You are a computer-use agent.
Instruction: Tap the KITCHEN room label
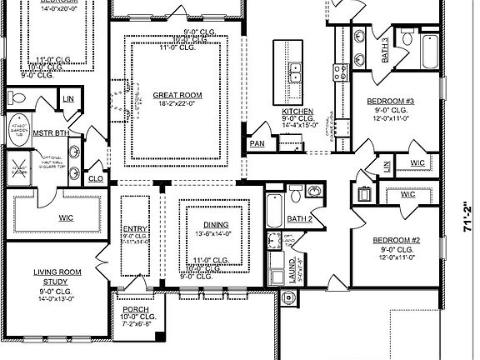[297, 111]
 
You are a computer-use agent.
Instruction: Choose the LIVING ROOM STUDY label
[56, 277]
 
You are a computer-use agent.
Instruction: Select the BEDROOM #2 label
[395, 240]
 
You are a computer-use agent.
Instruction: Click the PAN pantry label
[257, 143]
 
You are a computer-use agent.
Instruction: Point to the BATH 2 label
[299, 218]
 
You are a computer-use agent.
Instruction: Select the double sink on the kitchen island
[296, 72]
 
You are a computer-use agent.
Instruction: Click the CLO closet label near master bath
[95, 177]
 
